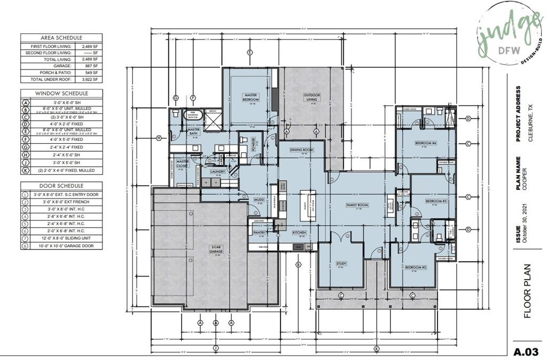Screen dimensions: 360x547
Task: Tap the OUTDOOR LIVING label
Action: coord(312,97)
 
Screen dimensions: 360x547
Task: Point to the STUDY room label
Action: coord(341,263)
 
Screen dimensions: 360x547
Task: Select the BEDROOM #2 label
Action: coord(415,267)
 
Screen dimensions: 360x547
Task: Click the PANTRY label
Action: coord(260,233)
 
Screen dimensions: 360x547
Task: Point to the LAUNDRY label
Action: coord(217,171)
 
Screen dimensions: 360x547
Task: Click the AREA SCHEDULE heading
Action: coord(61,38)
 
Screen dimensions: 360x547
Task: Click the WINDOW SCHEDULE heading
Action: coord(61,93)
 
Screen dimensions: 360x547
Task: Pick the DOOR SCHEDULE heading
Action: coord(61,184)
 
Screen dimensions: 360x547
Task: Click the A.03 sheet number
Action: coord(526,352)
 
